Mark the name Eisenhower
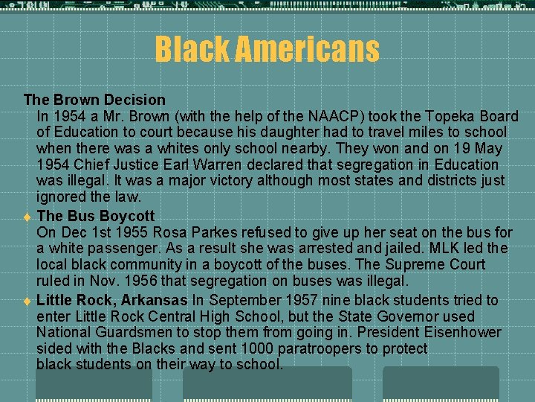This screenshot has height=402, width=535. pyautogui.click(x=458, y=333)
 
